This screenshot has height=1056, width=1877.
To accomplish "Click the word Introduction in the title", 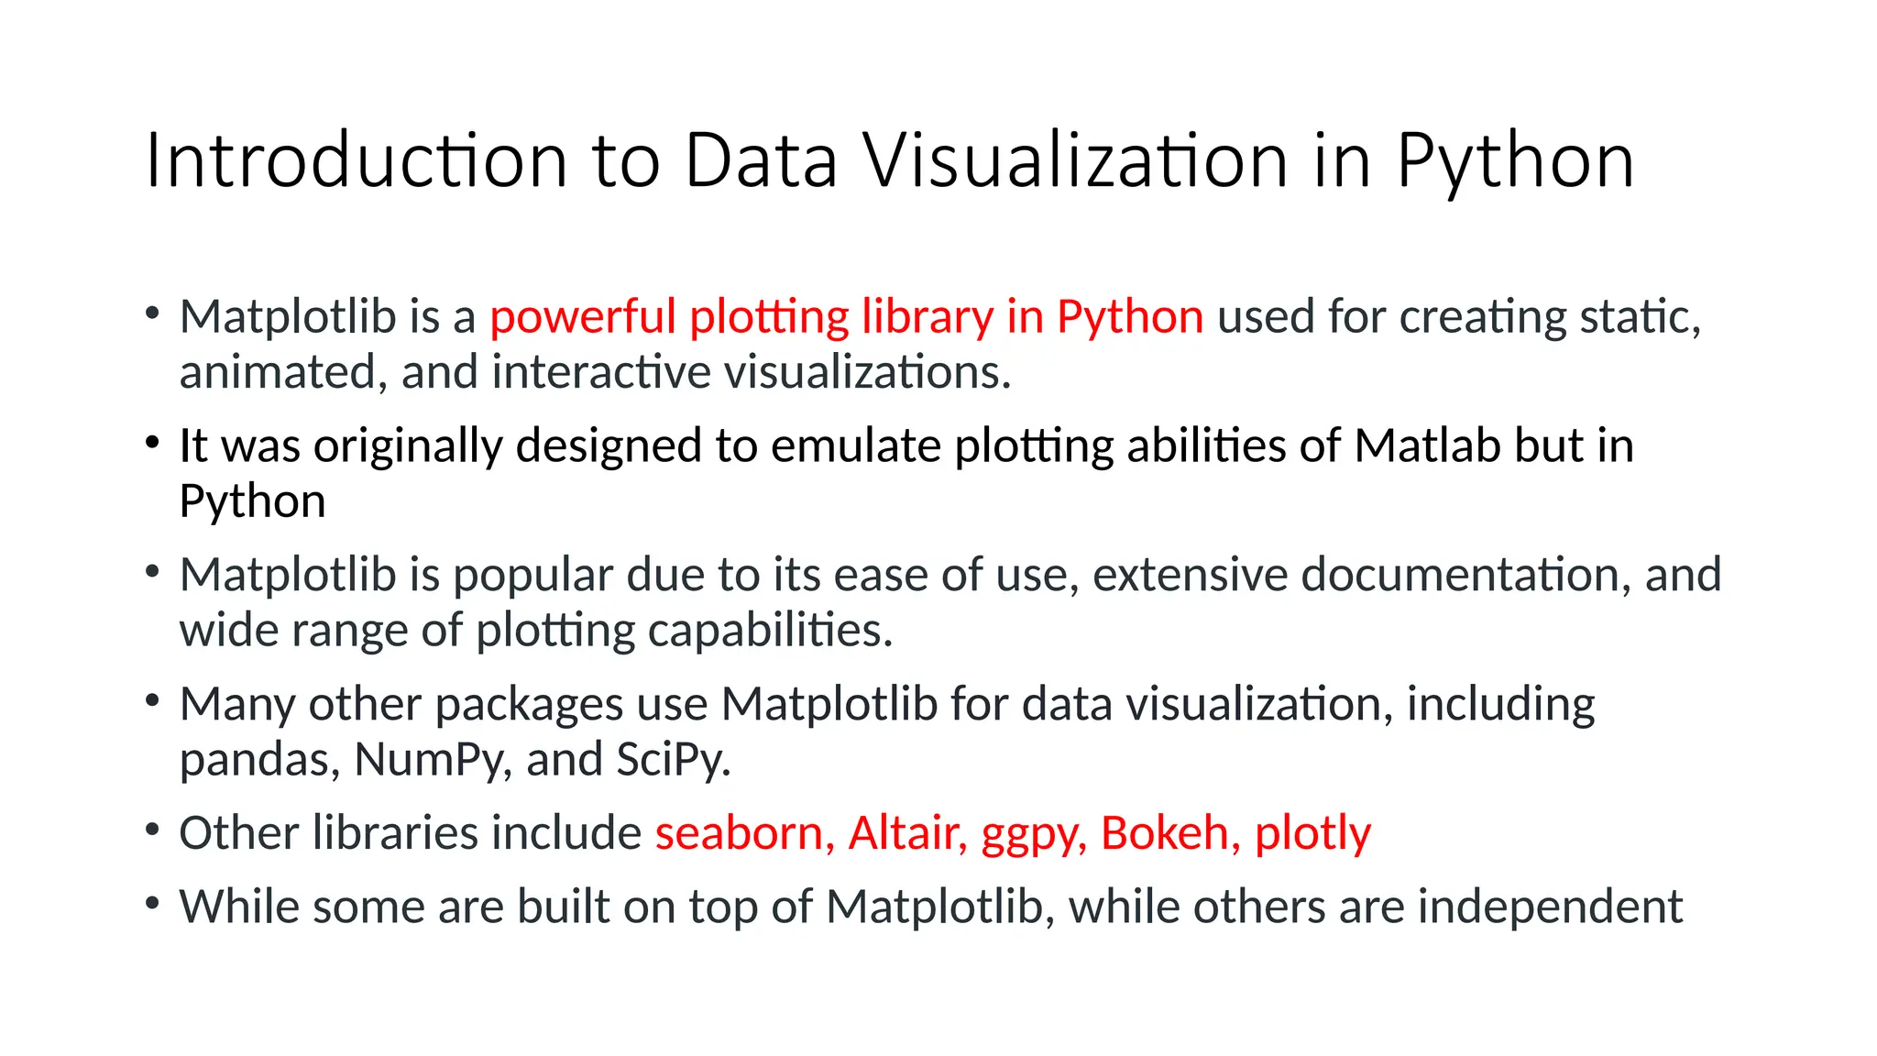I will [x=356, y=161].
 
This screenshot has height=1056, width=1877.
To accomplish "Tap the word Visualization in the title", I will [x=1078, y=161].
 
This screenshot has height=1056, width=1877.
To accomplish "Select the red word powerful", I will [x=582, y=317].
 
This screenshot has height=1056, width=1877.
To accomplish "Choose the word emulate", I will [x=856, y=446].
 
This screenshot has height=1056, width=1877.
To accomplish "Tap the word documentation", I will [x=1465, y=576].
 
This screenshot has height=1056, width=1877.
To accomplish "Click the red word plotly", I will [x=1312, y=834].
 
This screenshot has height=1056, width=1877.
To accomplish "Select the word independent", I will [x=1550, y=907].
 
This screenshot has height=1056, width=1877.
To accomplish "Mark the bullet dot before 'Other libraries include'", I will [x=153, y=830].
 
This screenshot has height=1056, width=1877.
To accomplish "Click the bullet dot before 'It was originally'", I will [x=153, y=443].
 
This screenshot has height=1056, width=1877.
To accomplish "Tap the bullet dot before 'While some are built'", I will [x=153, y=904].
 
